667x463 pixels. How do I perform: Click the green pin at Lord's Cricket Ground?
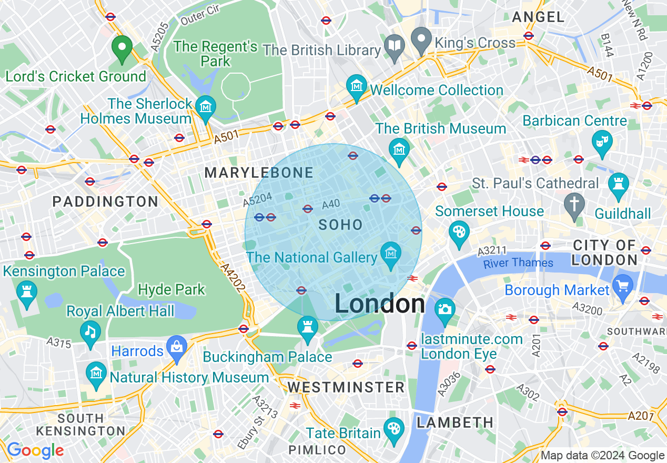122,48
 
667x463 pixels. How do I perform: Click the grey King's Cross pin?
421,39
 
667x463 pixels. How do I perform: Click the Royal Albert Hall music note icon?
90,332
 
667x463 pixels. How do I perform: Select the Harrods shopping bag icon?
177,347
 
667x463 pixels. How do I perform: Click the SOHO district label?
341,225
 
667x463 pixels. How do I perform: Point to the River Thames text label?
518,263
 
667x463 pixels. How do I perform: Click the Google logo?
35,450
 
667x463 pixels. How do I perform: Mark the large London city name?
379,304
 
